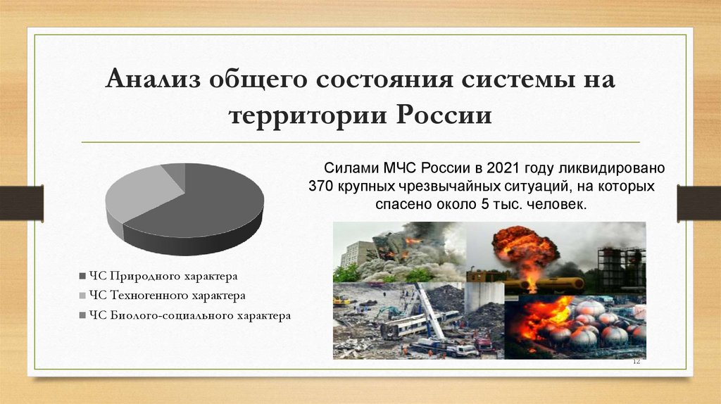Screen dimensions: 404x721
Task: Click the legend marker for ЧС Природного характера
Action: tap(83, 275)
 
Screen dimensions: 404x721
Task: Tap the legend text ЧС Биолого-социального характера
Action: tap(190, 316)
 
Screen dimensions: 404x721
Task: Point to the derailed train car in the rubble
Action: tap(408, 326)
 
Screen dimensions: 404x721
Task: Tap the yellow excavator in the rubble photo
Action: tap(341, 301)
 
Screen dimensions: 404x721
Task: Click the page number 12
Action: tap(636, 361)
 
